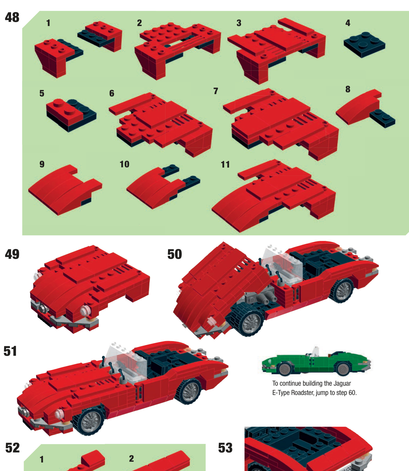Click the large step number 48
point(12,18)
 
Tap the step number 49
point(12,254)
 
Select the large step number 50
point(174,254)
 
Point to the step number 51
point(10,351)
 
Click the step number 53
point(225,448)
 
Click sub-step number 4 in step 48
point(348,23)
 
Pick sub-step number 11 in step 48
point(225,164)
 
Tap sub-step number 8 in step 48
point(348,89)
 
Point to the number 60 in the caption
point(352,393)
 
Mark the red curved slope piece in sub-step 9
point(65,190)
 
